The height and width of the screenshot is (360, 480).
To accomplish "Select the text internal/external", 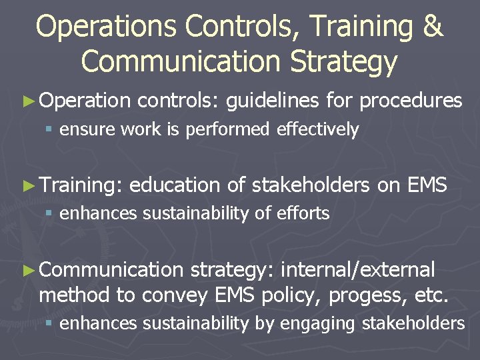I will point(358,270).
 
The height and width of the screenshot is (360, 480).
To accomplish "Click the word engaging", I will point(319,324).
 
